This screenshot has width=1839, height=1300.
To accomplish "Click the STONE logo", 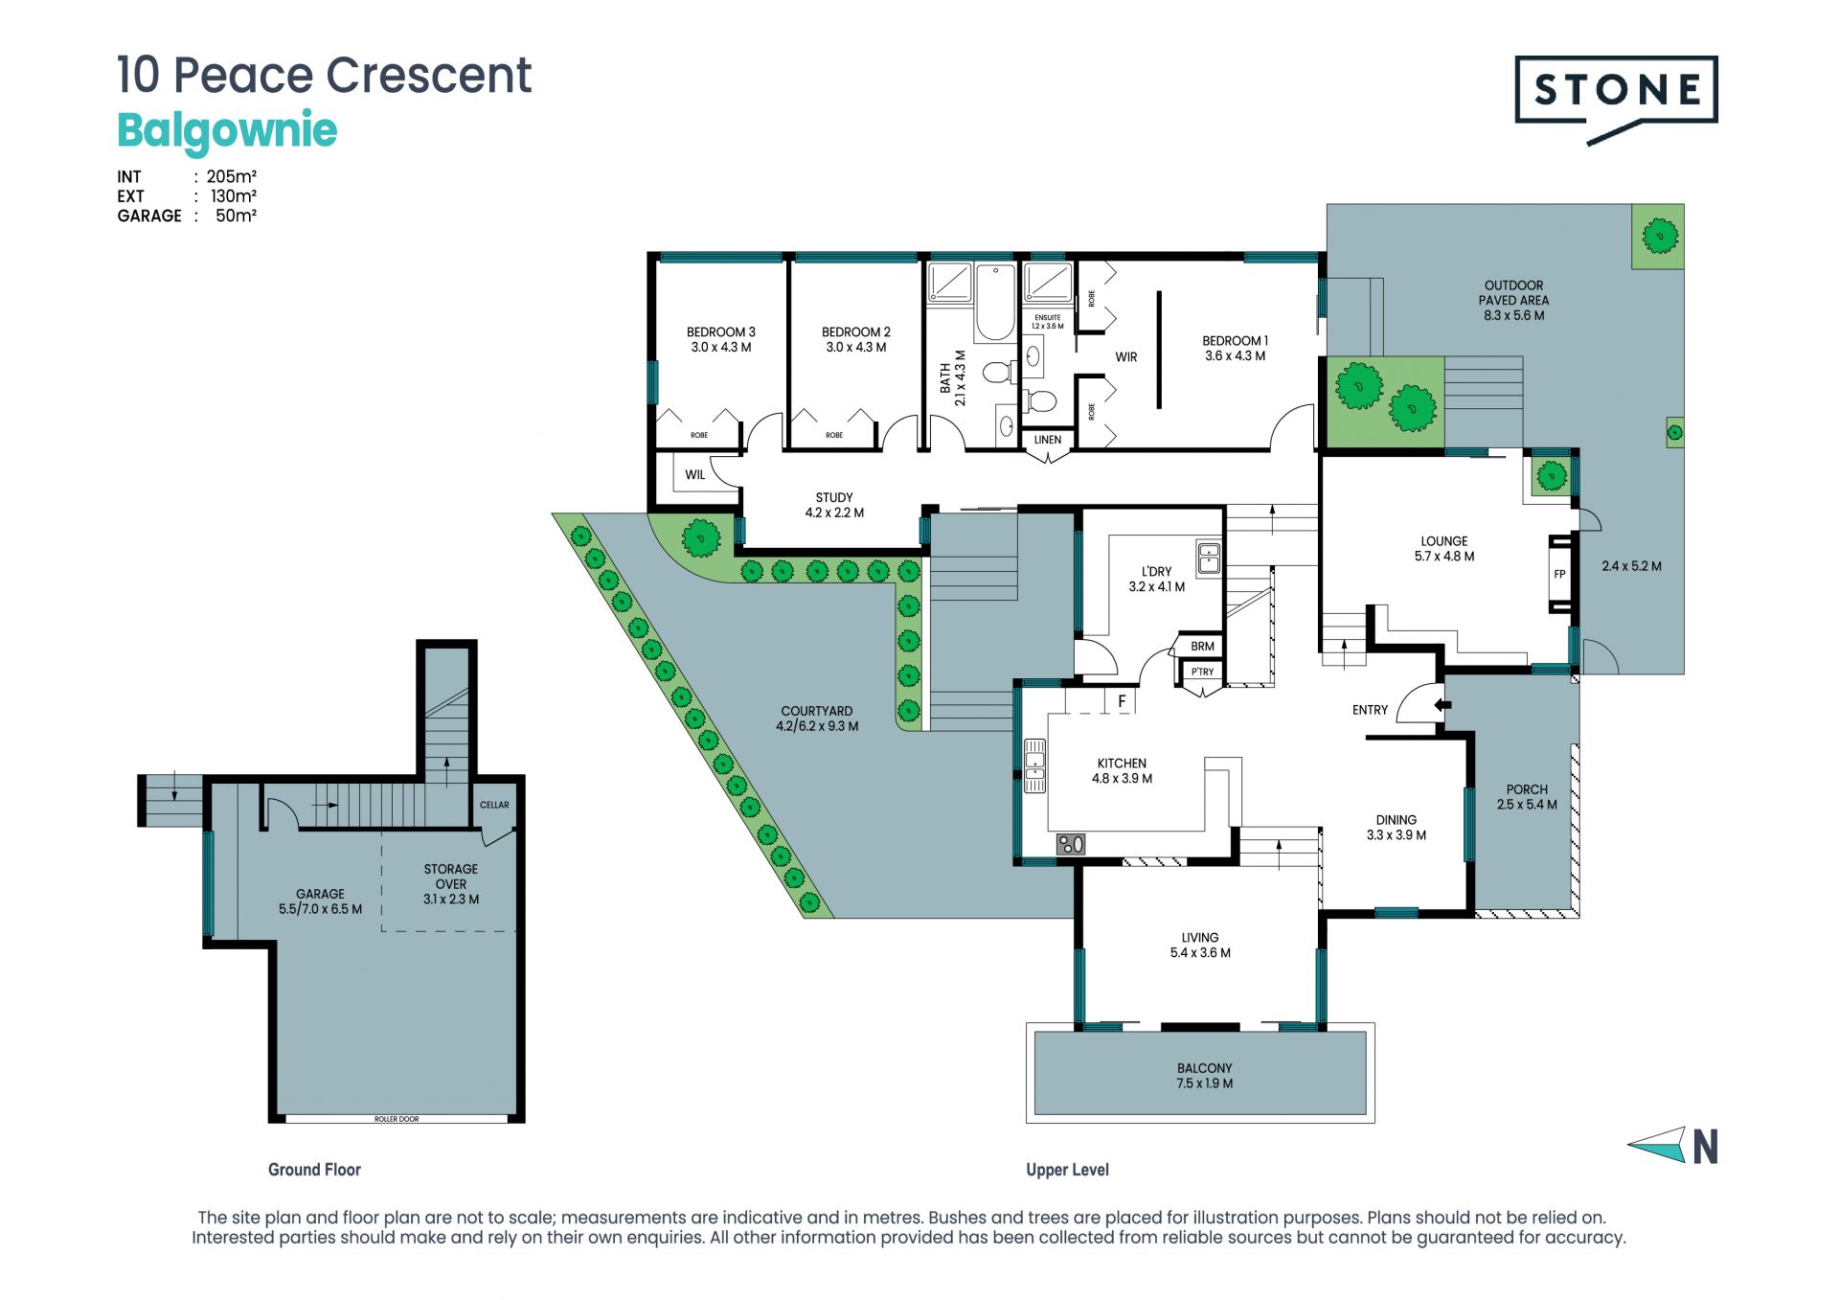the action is click(x=1616, y=98).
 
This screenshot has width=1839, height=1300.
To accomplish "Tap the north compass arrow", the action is click(x=1657, y=1144).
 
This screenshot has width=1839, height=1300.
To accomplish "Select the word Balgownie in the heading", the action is click(x=227, y=131).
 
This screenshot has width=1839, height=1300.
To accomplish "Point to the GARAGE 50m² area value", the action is click(x=236, y=216).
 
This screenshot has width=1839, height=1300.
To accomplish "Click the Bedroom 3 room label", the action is click(x=720, y=332).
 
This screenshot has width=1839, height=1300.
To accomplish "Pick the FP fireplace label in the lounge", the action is click(x=1559, y=575).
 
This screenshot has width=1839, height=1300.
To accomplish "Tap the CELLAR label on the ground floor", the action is click(x=494, y=805).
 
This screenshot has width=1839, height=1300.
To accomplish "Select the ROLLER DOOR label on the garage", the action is click(x=397, y=1119).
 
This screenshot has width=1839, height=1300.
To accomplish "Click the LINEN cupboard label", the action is click(x=1048, y=440).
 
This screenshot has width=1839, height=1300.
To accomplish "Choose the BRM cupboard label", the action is click(x=1202, y=647).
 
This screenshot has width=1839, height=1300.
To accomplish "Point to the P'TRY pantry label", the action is click(x=1202, y=672).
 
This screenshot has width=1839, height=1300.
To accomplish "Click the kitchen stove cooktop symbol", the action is click(x=1071, y=844).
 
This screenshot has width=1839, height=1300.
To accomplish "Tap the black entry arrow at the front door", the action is click(x=1442, y=705).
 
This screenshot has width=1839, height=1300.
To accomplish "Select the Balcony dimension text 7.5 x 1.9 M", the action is click(x=1205, y=1083).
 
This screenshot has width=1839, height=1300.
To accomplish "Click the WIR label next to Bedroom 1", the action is click(x=1126, y=357).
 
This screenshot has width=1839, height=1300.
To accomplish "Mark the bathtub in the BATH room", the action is click(x=995, y=303).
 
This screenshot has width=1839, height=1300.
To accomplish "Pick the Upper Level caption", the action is click(x=1067, y=1170).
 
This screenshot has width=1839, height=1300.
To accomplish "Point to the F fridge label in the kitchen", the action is click(x=1123, y=701).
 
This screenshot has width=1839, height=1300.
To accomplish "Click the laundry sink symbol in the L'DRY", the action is click(x=1210, y=558).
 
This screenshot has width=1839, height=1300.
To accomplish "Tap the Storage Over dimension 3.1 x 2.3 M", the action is click(x=451, y=900).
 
